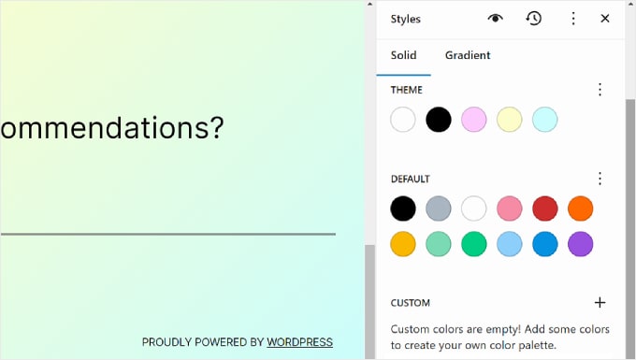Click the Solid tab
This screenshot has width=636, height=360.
(404, 55)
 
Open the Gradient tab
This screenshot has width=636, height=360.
(468, 55)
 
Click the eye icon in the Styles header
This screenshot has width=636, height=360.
(496, 19)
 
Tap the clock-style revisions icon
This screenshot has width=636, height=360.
(534, 19)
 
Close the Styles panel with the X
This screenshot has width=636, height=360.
(605, 19)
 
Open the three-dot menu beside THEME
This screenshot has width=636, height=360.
(600, 90)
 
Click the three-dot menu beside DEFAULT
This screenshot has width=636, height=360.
(600, 179)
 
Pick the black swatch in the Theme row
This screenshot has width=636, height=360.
(439, 120)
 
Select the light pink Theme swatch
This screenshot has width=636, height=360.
(474, 120)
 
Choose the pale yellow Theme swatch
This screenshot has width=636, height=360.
(510, 120)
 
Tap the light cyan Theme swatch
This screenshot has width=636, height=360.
(545, 120)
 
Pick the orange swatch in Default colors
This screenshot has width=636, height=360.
(581, 209)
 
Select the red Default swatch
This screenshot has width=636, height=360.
(545, 209)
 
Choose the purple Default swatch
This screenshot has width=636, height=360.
(581, 244)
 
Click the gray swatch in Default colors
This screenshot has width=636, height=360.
(439, 209)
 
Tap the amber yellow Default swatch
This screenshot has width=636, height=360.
(403, 244)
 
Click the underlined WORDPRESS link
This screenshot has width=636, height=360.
(299, 342)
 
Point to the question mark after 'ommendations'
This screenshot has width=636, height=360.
(216, 127)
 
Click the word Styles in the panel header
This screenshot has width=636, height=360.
(406, 19)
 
